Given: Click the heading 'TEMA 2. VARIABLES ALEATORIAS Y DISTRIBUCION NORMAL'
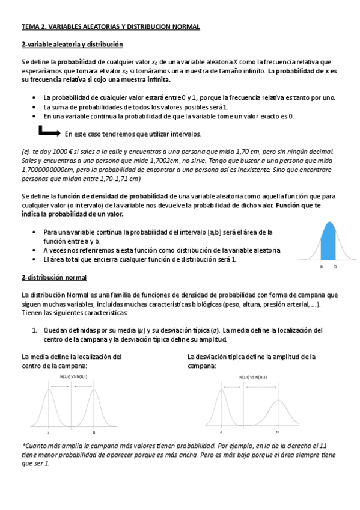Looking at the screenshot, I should (110, 27).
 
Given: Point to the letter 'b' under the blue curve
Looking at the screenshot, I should (335, 265).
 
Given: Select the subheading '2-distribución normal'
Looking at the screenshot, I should (54, 277).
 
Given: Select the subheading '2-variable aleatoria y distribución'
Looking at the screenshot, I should (72, 45).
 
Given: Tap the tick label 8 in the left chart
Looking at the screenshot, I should (94, 432).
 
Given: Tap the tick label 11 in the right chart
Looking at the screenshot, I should (277, 432).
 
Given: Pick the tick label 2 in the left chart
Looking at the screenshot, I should (48, 432).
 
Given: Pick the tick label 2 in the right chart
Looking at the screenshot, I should (221, 432).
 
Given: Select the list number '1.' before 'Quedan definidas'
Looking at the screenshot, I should (34, 330).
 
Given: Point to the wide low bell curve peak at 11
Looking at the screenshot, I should (277, 401).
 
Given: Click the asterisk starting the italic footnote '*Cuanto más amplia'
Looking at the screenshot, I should (23, 446).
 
